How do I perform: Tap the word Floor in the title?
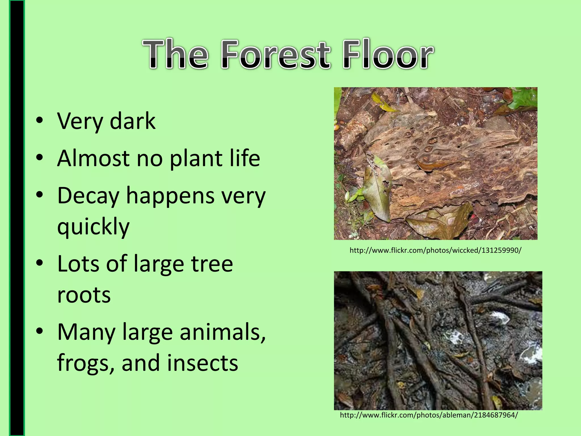(x=388, y=54)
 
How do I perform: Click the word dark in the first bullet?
(x=132, y=121)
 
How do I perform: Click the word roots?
(x=84, y=295)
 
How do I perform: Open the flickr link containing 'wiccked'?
(x=435, y=251)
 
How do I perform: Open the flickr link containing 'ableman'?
(x=429, y=415)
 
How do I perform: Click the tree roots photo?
(x=438, y=341)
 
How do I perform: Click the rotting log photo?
(x=436, y=163)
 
